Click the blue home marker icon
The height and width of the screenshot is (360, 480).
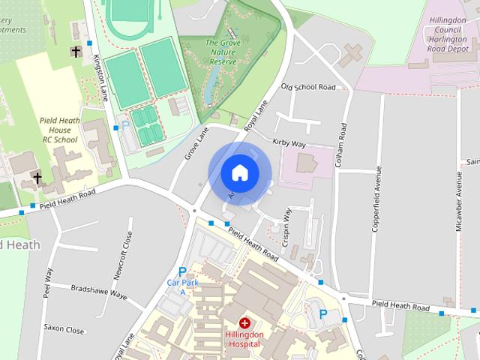click(239, 172)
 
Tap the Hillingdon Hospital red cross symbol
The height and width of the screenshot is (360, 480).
click(244, 322)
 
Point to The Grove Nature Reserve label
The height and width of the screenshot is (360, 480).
click(223, 52)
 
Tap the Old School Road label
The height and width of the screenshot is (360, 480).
click(307, 87)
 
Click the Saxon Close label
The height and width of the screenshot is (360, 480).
click(64, 328)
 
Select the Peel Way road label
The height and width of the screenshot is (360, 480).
click(48, 286)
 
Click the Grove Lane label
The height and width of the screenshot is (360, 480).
click(196, 143)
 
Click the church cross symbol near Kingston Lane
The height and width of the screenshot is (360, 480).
click(75, 51)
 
